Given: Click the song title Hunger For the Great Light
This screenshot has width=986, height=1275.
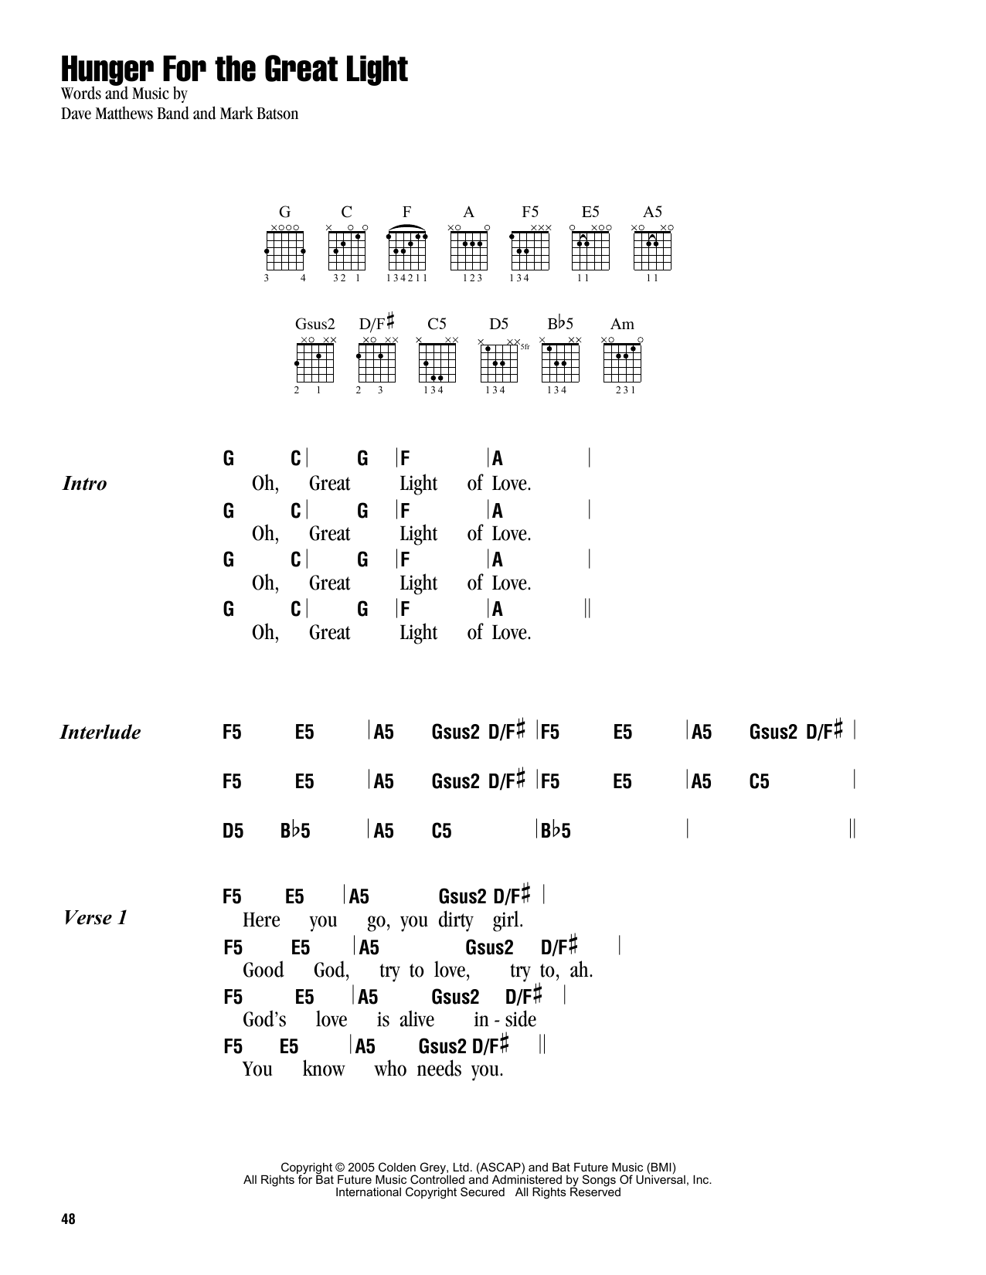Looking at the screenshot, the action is click(x=235, y=70).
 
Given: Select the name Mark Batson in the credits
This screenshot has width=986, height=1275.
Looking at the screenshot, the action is click(x=259, y=114).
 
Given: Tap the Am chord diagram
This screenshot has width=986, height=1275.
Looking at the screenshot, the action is click(x=622, y=362).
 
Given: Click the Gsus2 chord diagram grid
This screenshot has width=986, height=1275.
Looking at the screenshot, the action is click(x=315, y=362).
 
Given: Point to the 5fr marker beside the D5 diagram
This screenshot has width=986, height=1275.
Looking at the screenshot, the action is click(x=525, y=347).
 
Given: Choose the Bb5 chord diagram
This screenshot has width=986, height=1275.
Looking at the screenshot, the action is click(x=561, y=362).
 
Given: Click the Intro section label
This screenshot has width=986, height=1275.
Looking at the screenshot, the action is click(x=84, y=484).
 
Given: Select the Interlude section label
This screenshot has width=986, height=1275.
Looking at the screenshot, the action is click(x=100, y=733).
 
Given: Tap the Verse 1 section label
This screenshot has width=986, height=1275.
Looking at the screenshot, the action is click(x=96, y=918).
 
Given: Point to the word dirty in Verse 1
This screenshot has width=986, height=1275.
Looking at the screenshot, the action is click(x=455, y=920).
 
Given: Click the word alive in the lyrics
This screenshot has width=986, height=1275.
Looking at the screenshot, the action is click(x=416, y=1020).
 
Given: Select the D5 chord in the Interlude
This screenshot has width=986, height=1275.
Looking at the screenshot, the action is click(x=233, y=831).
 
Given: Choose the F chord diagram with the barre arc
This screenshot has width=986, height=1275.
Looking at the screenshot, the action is click(x=407, y=247).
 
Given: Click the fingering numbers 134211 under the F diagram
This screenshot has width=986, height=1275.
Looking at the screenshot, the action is click(x=407, y=278).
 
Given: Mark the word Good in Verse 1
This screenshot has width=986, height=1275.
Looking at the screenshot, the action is click(x=263, y=971).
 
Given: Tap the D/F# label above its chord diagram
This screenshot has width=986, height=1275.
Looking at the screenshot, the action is click(x=376, y=323).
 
